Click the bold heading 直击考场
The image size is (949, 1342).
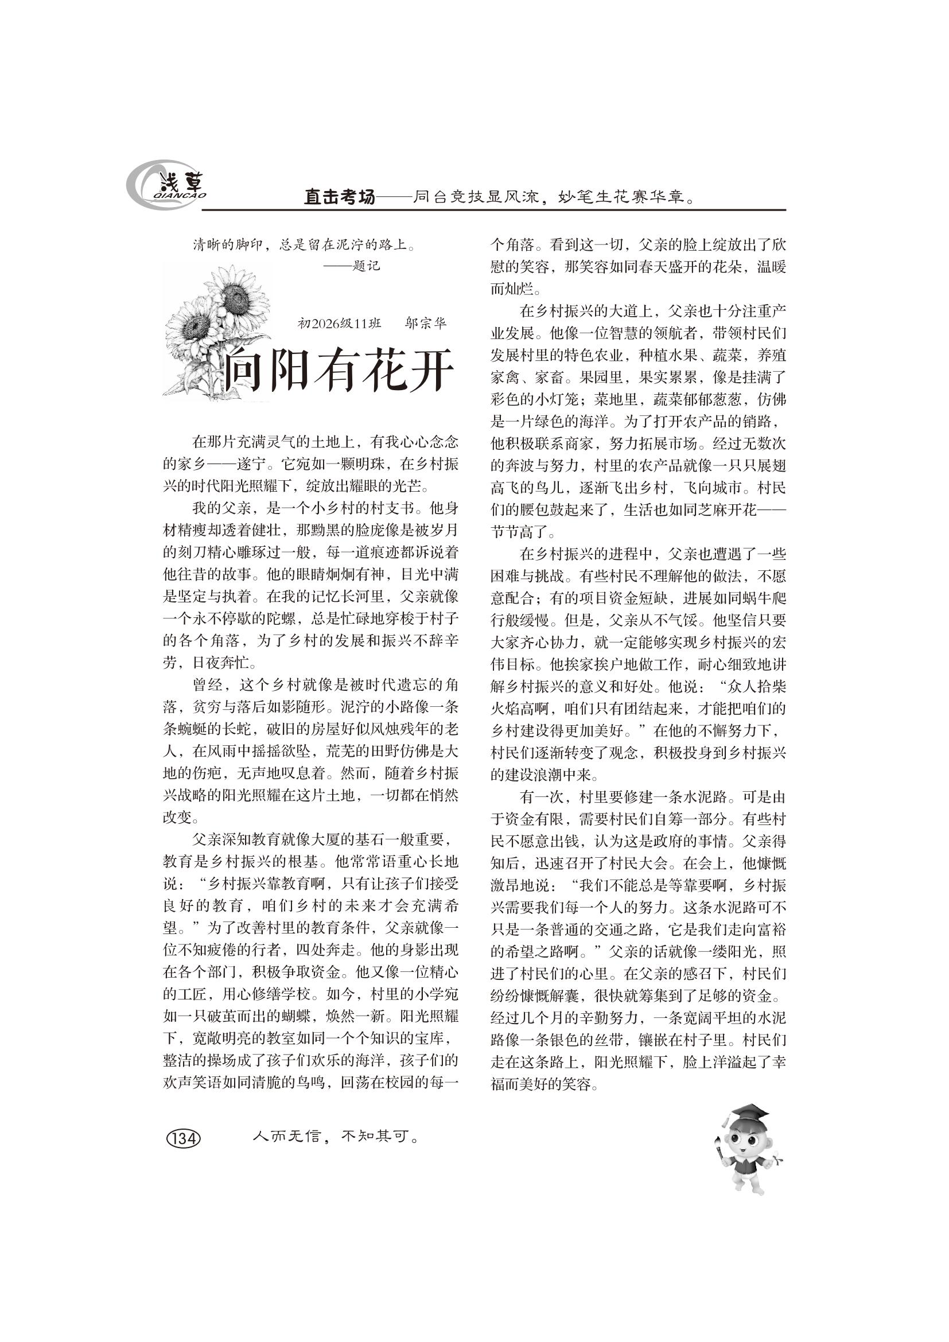[x=340, y=197]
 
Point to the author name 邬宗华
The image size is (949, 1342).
[x=425, y=323]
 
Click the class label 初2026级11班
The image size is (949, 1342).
[x=340, y=323]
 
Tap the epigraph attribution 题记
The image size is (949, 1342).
[x=367, y=267]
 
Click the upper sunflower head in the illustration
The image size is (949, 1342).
[x=236, y=294]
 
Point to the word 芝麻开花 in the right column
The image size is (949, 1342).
[x=726, y=510]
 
